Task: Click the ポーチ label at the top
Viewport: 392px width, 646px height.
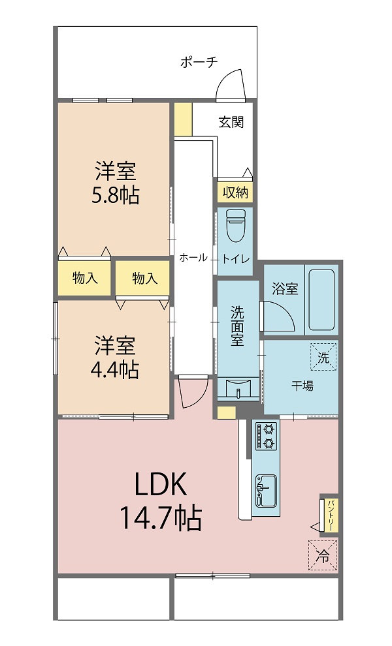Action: (x=199, y=62)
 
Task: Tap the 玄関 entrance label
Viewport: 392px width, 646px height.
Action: (x=231, y=121)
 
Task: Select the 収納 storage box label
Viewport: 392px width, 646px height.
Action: (x=236, y=192)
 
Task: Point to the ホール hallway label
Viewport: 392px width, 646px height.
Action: (x=193, y=258)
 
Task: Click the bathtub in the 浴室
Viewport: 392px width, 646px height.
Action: (x=321, y=300)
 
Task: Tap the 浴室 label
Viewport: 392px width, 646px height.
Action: (x=285, y=289)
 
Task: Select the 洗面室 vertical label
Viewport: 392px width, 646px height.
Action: (x=237, y=326)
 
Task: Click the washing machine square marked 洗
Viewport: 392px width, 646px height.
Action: (x=323, y=357)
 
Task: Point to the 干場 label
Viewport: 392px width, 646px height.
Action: (x=302, y=386)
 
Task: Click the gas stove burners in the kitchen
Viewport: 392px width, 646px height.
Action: (x=267, y=436)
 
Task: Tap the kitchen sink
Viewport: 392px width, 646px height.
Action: (x=266, y=491)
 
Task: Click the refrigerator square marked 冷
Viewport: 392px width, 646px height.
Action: (x=323, y=555)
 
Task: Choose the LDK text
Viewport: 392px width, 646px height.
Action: (x=161, y=485)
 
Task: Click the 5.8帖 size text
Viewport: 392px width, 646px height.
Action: (x=115, y=195)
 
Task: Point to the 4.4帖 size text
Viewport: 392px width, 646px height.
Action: (x=115, y=369)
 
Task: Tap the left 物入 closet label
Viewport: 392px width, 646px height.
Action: (x=85, y=278)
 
